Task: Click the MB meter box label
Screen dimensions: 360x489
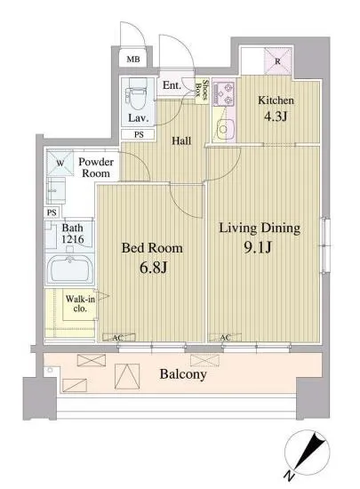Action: (x=133, y=59)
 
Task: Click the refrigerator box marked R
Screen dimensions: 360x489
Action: (x=277, y=61)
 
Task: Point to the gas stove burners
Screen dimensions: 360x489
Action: (x=224, y=94)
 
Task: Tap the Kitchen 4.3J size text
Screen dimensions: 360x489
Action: (x=276, y=116)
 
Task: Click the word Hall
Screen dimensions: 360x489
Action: (x=181, y=141)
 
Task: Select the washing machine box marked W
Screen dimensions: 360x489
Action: (x=60, y=163)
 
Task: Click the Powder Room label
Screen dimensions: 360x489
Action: (x=96, y=167)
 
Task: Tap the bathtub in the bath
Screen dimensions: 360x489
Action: (x=70, y=269)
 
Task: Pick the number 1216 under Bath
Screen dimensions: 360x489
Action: (x=73, y=239)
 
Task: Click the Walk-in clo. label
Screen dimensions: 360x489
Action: (x=80, y=303)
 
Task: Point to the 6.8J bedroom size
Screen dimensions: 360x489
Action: (x=154, y=268)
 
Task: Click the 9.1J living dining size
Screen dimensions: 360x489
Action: (x=258, y=247)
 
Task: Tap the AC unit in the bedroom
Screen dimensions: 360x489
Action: (x=119, y=338)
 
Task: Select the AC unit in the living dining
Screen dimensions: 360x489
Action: (x=225, y=338)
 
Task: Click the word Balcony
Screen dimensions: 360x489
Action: (x=183, y=374)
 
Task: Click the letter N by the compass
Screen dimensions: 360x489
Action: (x=290, y=476)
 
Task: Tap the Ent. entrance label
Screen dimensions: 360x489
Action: (x=172, y=85)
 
